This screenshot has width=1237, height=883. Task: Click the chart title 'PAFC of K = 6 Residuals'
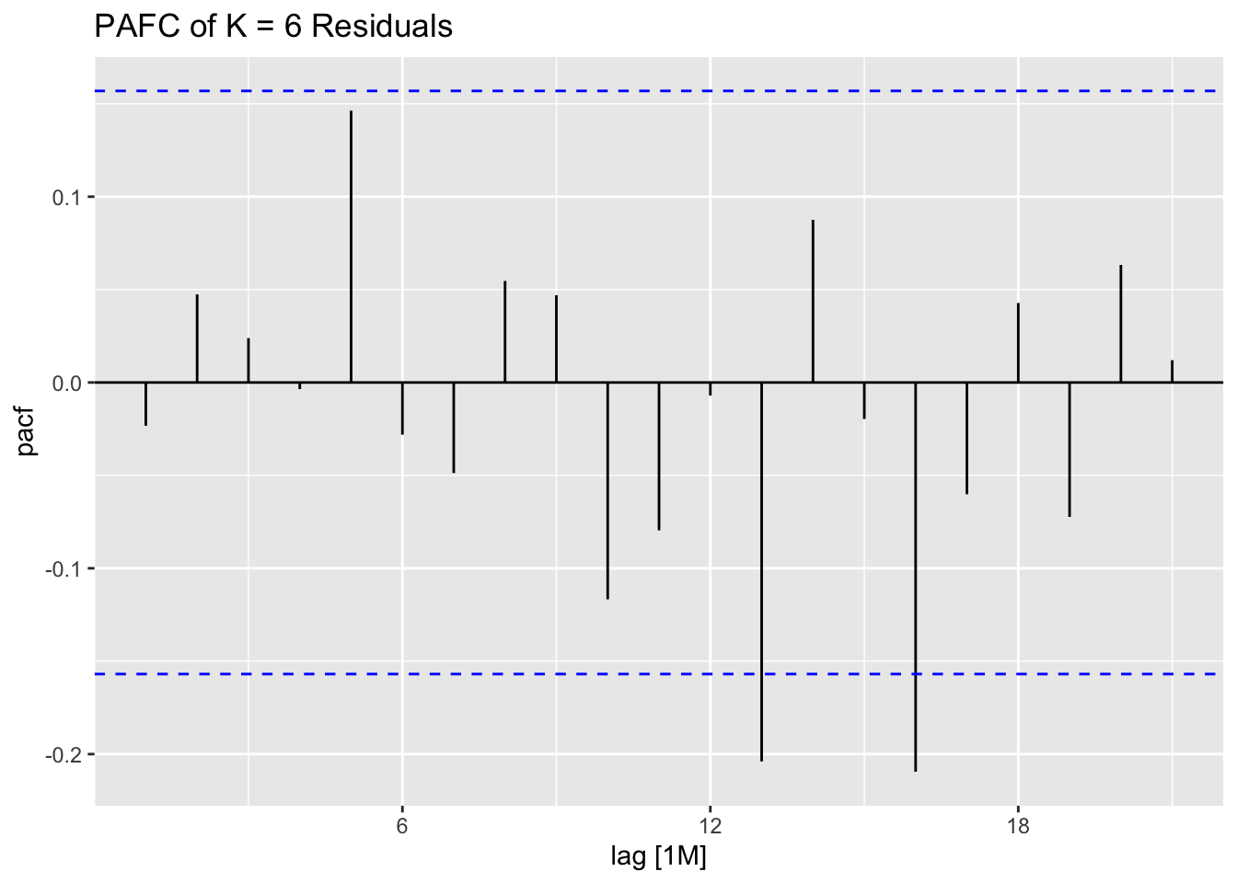click(x=273, y=27)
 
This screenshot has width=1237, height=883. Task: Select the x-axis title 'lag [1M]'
click(x=658, y=857)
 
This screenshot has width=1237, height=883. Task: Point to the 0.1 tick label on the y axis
click(x=69, y=198)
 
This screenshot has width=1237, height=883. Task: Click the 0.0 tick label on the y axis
click(x=69, y=383)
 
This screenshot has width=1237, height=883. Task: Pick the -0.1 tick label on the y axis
click(x=66, y=568)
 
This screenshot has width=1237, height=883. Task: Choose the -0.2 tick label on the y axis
click(x=66, y=755)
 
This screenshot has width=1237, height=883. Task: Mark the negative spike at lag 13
click(x=761, y=570)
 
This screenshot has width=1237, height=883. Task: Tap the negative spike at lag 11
click(x=659, y=456)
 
